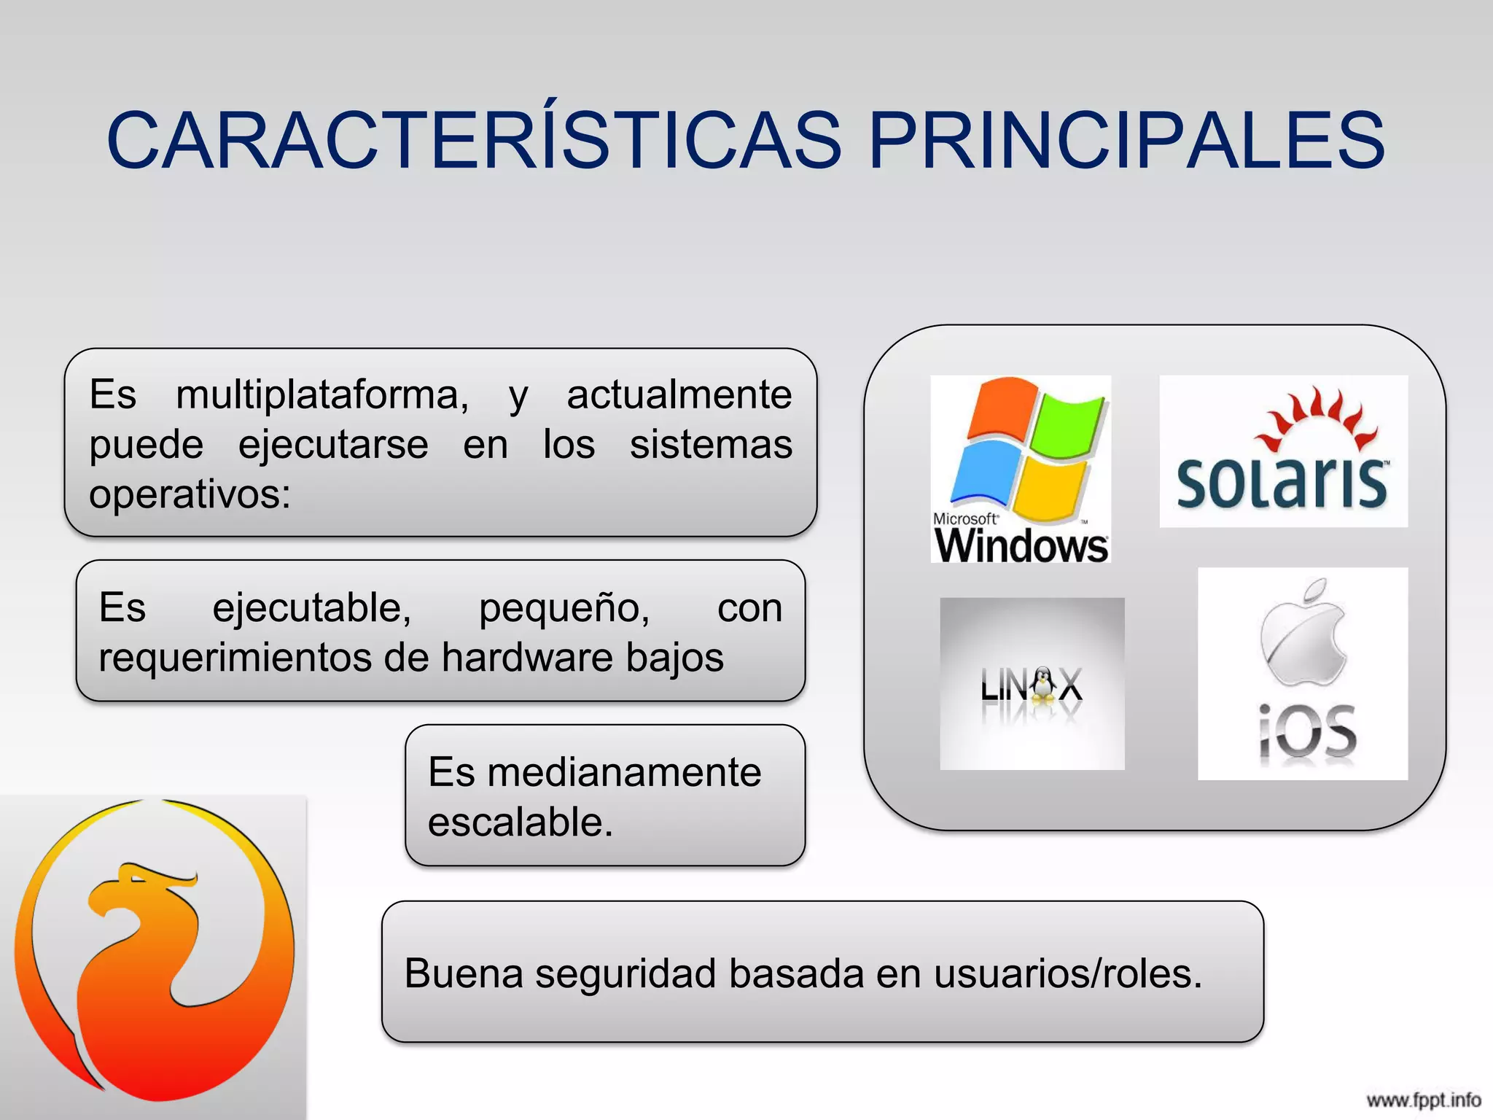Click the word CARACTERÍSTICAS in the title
coord(474,140)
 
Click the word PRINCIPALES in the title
coord(1126,140)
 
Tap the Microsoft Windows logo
coord(1021,469)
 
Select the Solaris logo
coord(1283,451)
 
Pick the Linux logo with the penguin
coord(1032,684)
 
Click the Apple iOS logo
coord(1303,674)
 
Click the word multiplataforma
coord(322,395)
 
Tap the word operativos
coord(190,494)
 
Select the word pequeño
coord(564,607)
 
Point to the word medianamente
coord(624,772)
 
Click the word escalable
coord(520,822)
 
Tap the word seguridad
coord(625,973)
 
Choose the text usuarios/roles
coord(1067,973)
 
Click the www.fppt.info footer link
coord(1423,1100)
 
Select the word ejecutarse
coord(333,445)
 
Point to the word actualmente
coord(679,395)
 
